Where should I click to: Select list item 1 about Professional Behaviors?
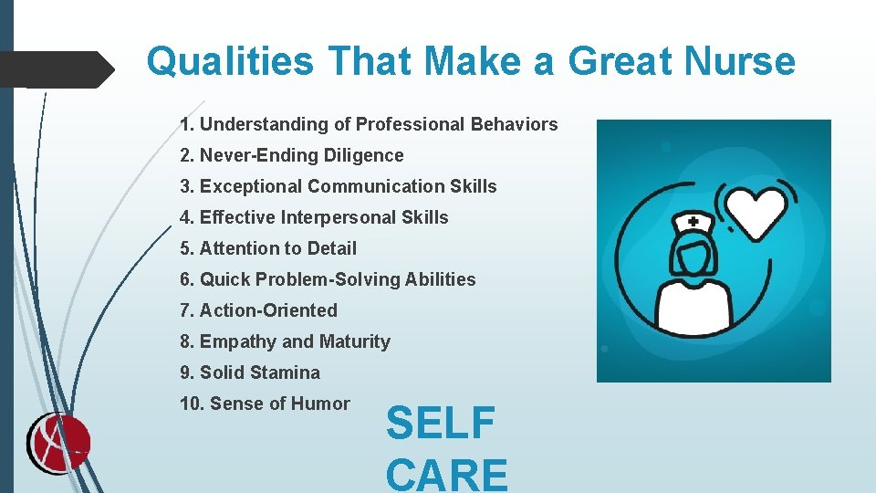(x=369, y=124)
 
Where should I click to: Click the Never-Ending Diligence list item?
(x=292, y=155)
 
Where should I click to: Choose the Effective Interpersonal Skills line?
(x=315, y=217)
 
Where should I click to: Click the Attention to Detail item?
(x=269, y=248)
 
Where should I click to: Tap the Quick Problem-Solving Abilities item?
(x=328, y=279)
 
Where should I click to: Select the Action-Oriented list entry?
(x=259, y=310)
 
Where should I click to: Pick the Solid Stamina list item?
(x=251, y=372)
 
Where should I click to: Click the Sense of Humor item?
(x=266, y=404)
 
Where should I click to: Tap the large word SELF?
(x=441, y=424)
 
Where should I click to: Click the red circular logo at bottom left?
(x=57, y=444)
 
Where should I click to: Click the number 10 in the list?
(x=192, y=404)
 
